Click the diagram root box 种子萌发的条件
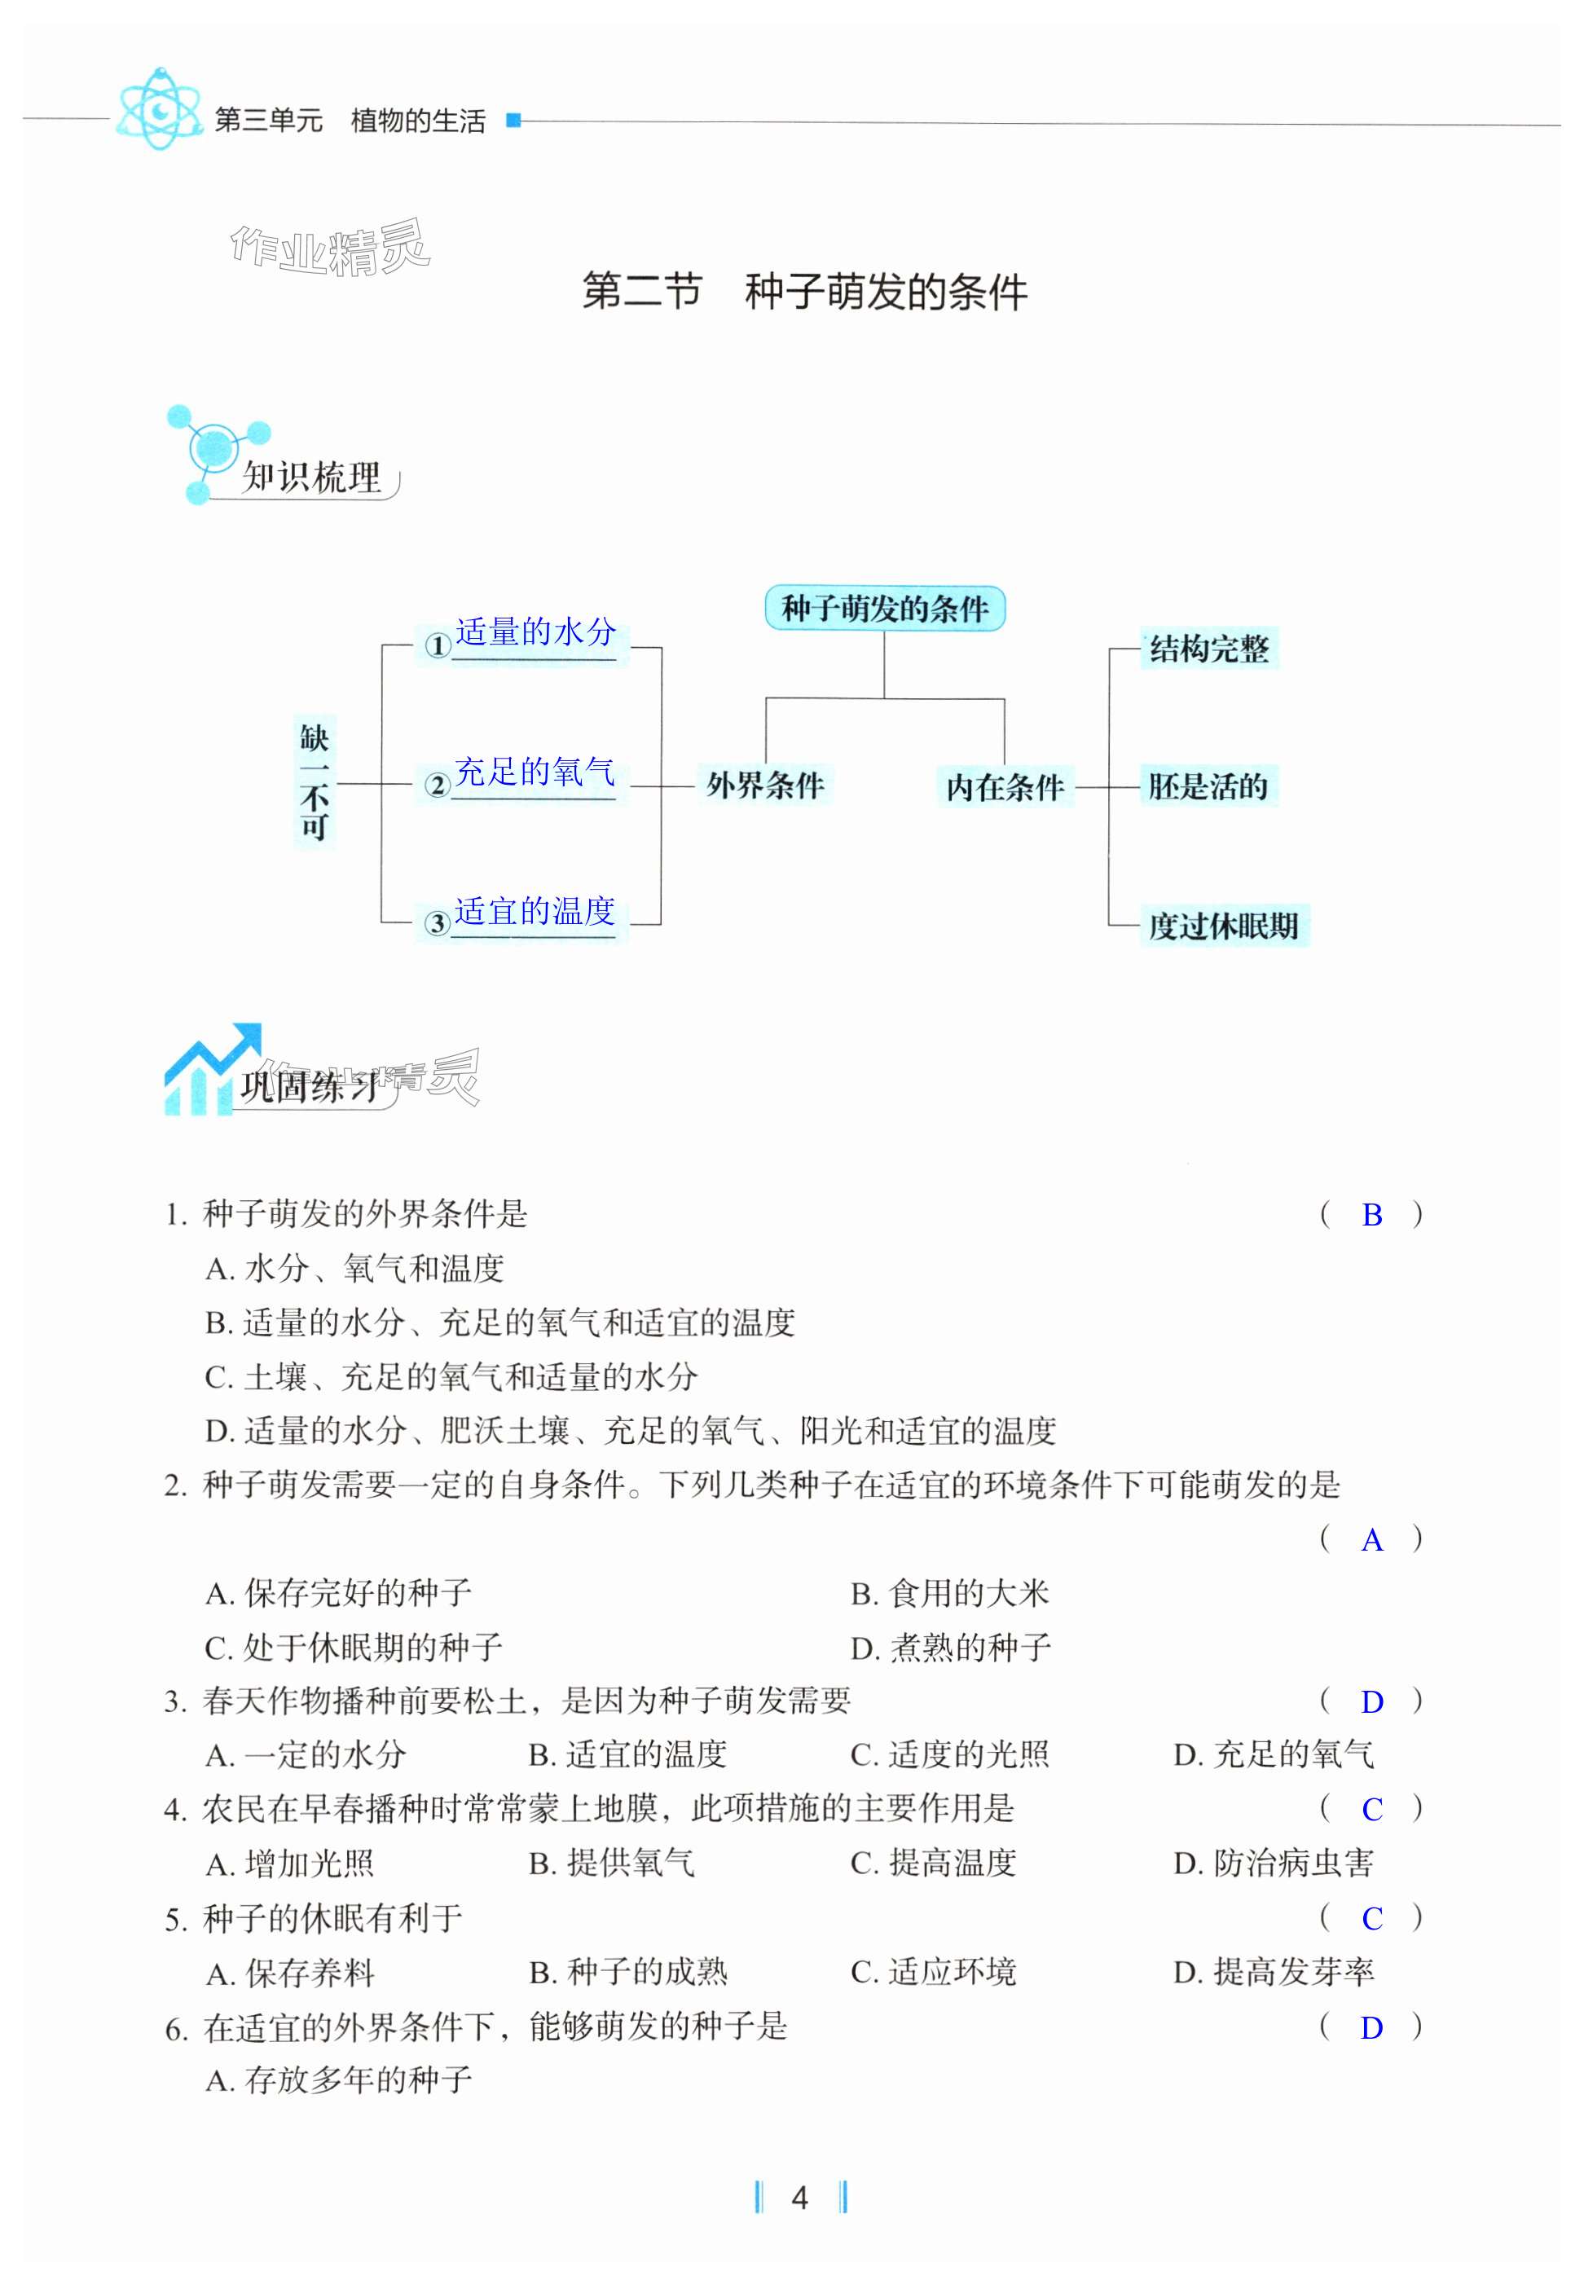click(x=884, y=608)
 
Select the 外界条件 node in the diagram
click(x=765, y=786)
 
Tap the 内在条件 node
click(x=1005, y=786)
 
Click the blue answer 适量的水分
click(x=535, y=632)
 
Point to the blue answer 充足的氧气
click(x=535, y=772)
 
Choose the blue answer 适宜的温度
click(x=535, y=910)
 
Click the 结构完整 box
click(x=1209, y=648)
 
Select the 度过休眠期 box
click(x=1223, y=925)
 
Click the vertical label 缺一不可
click(x=315, y=781)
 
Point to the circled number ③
click(x=437, y=923)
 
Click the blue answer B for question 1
click(x=1371, y=1215)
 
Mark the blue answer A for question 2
click(x=1371, y=1539)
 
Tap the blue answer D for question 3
click(x=1371, y=1701)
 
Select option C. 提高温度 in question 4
click(x=933, y=1863)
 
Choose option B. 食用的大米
click(x=950, y=1593)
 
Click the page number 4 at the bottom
click(x=800, y=2198)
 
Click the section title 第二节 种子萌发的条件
click(x=805, y=291)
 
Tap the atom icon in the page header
click(x=158, y=109)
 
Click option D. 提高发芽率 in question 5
click(x=1274, y=1971)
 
